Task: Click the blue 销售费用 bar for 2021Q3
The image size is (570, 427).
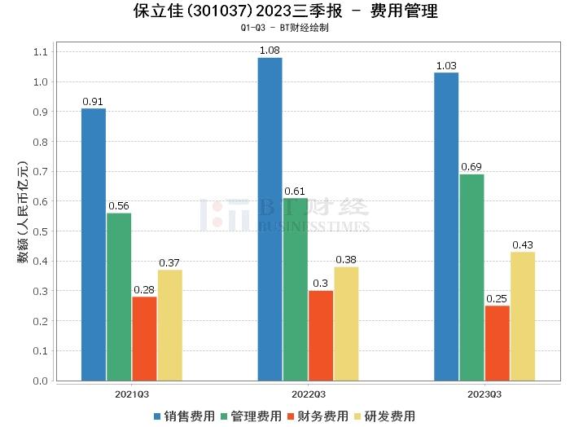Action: pyautogui.click(x=94, y=244)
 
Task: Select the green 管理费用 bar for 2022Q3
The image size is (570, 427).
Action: pyautogui.click(x=296, y=289)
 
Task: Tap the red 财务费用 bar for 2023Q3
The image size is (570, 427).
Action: pyautogui.click(x=497, y=343)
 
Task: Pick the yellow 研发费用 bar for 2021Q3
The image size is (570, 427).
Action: pyautogui.click(x=170, y=325)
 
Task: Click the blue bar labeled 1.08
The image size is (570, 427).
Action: pyautogui.click(x=270, y=219)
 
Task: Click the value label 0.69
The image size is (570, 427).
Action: pyautogui.click(x=471, y=167)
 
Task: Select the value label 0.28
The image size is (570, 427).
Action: pyautogui.click(x=144, y=289)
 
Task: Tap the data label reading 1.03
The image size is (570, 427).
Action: pyautogui.click(x=445, y=66)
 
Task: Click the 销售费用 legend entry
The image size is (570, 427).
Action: pyautogui.click(x=185, y=416)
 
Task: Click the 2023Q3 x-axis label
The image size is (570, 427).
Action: pyautogui.click(x=484, y=394)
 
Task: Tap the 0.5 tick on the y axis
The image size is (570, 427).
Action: pyautogui.click(x=42, y=231)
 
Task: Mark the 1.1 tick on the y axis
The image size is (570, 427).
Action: pyautogui.click(x=42, y=52)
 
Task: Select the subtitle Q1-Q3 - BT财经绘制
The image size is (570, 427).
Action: pyautogui.click(x=284, y=28)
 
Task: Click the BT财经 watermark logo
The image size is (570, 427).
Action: pyautogui.click(x=284, y=213)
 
